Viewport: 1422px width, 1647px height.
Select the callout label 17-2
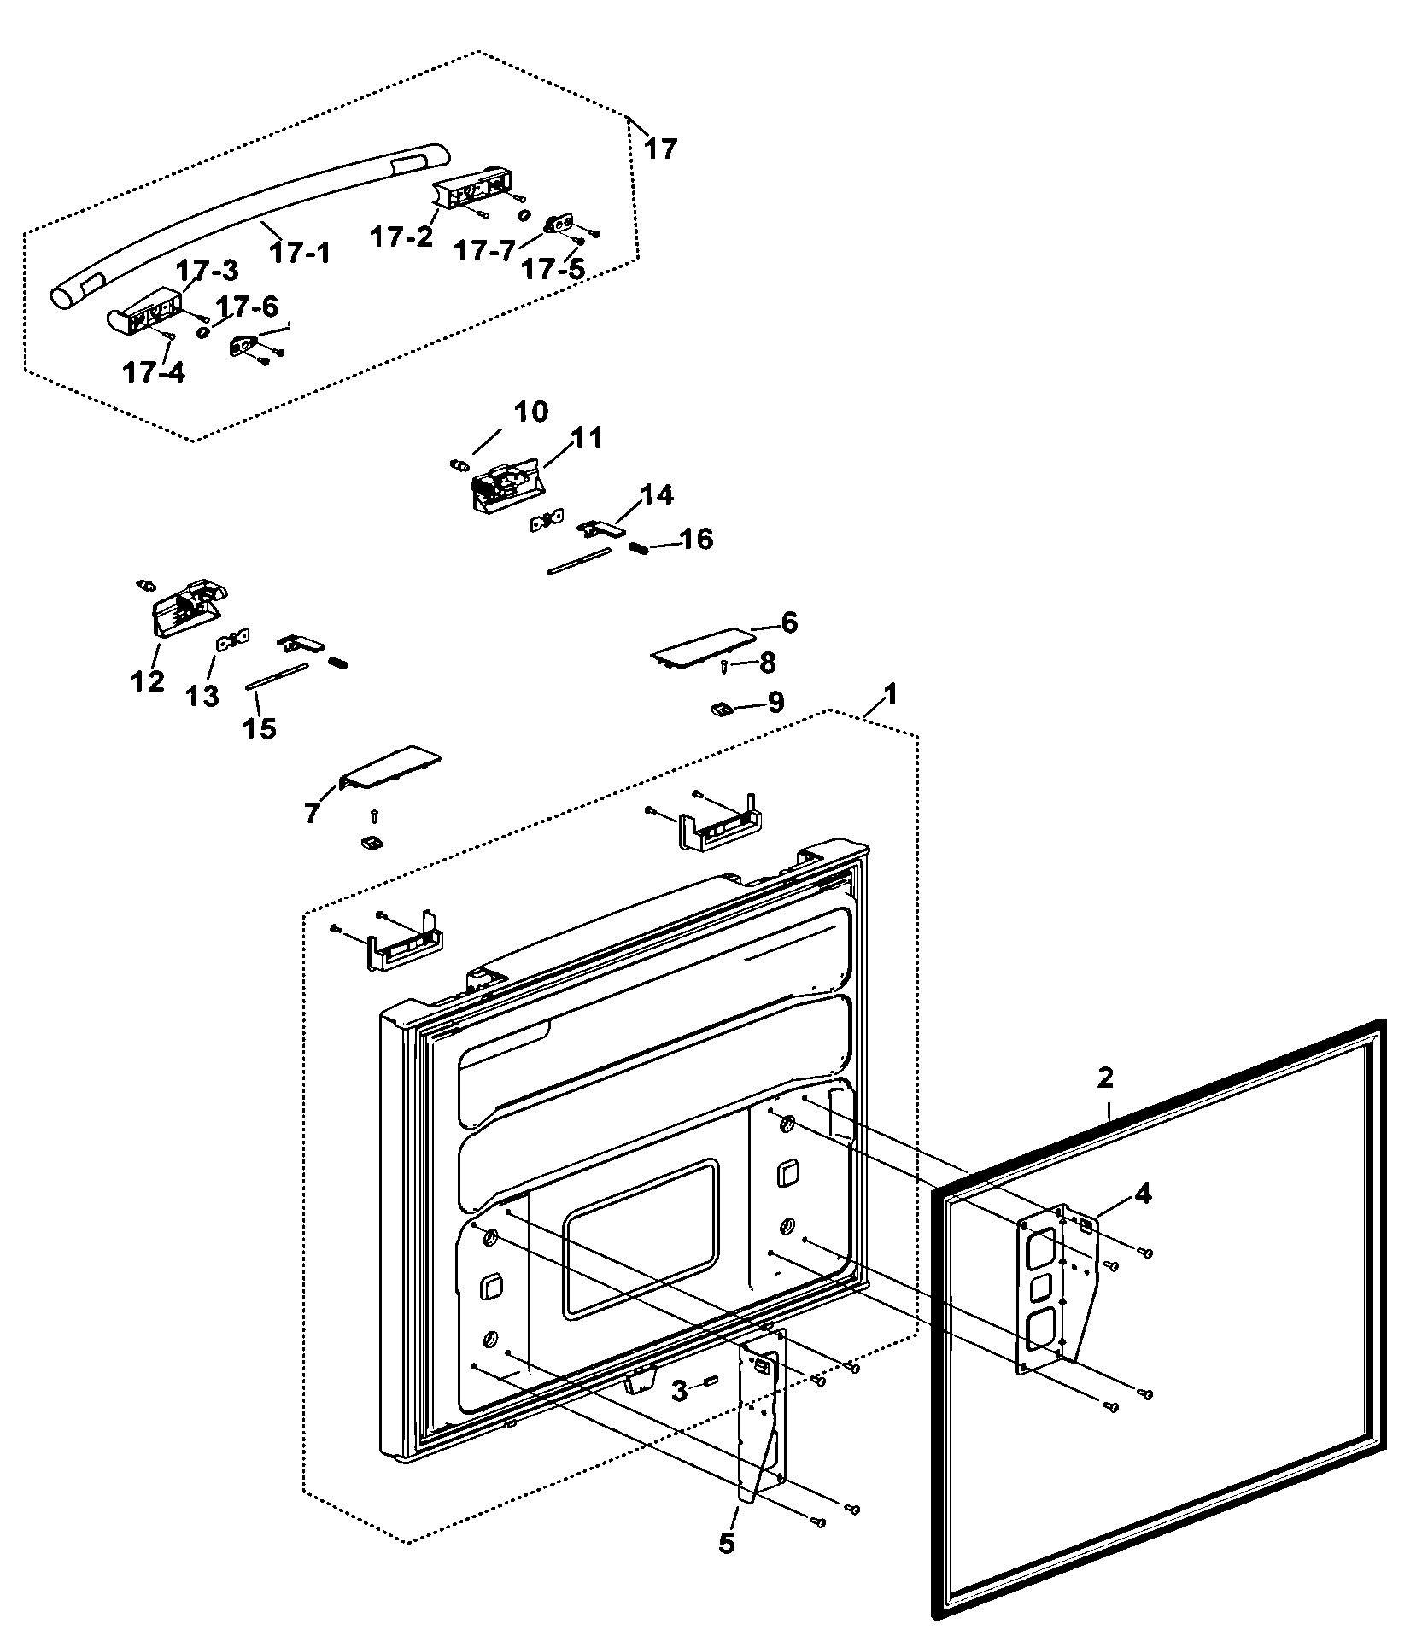point(402,237)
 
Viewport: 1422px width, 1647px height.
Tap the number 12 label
point(147,681)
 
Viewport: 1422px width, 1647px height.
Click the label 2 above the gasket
point(1105,1078)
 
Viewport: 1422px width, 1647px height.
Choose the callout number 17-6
point(246,307)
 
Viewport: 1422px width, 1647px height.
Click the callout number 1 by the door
point(890,694)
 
